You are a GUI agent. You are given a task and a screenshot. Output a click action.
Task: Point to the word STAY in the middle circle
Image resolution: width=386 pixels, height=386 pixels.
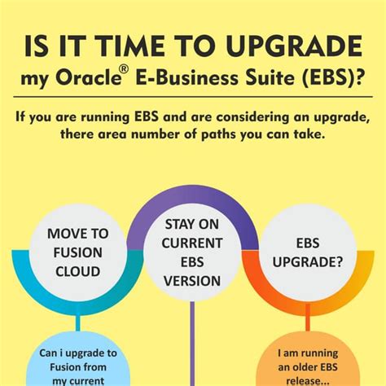tap(192, 224)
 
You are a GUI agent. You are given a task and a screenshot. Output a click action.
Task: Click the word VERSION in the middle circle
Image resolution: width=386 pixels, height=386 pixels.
tap(192, 281)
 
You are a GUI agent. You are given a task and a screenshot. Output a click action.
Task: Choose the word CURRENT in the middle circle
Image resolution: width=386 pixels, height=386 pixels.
tap(192, 243)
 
